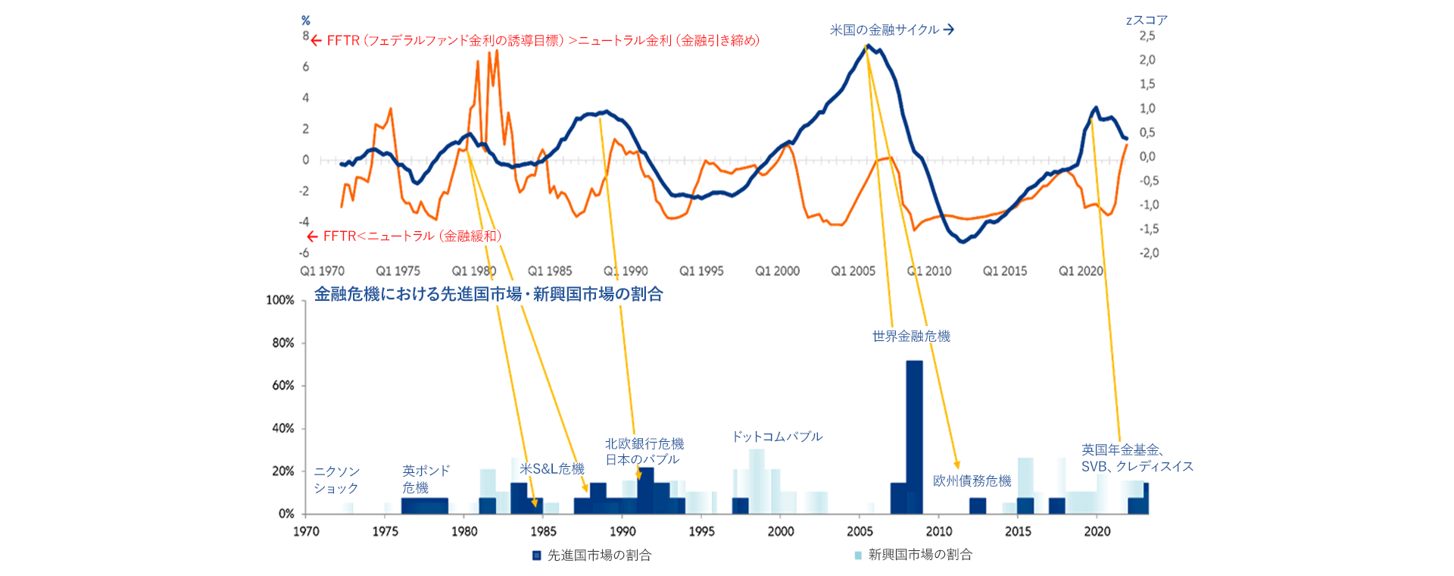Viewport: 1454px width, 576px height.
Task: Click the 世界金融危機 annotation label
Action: (x=911, y=336)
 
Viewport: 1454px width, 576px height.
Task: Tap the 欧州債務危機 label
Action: (x=972, y=481)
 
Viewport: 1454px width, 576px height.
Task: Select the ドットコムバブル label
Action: (x=776, y=437)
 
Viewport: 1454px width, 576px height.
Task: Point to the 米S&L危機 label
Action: (x=551, y=469)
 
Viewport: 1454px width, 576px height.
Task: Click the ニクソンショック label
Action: (x=336, y=480)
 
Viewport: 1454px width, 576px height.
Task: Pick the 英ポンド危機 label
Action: (x=426, y=479)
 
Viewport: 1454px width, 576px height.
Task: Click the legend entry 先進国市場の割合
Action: (x=598, y=555)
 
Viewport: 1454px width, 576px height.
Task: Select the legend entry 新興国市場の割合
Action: (x=919, y=555)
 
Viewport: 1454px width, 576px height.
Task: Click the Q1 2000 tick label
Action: (x=777, y=271)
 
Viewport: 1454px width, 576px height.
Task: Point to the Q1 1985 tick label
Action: (x=550, y=271)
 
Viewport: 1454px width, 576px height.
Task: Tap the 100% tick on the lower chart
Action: (x=279, y=300)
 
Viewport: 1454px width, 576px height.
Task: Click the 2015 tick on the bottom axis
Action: (x=1017, y=531)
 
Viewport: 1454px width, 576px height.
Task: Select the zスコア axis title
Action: (x=1147, y=20)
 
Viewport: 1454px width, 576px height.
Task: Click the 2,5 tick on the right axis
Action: (x=1147, y=36)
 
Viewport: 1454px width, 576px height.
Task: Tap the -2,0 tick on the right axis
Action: (x=1149, y=253)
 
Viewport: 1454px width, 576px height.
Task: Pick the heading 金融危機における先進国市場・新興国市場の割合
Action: (x=488, y=294)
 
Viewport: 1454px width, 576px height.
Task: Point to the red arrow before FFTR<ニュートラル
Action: (x=312, y=236)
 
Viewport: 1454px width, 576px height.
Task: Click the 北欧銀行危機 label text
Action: (x=644, y=443)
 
